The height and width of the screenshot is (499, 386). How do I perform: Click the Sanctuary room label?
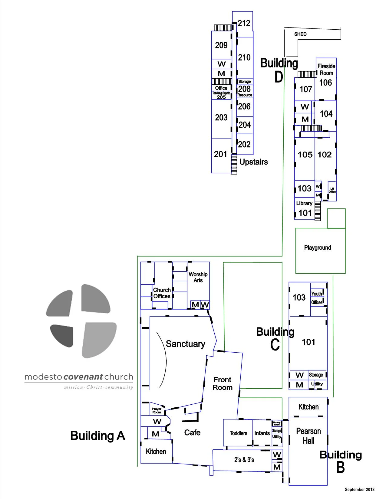point(185,344)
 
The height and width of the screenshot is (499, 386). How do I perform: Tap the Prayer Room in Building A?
point(157,410)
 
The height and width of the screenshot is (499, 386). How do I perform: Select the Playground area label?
point(317,248)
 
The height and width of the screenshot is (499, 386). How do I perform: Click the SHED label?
point(300,34)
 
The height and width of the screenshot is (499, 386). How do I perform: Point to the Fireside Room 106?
point(326,74)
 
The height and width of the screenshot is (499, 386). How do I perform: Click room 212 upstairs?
point(244,23)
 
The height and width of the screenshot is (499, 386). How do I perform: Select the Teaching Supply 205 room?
point(221,95)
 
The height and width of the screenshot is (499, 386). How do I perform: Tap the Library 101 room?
point(305,209)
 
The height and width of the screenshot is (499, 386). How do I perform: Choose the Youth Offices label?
point(317,298)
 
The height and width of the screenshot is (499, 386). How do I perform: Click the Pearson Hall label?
point(308,436)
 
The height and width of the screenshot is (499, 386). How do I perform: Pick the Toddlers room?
point(238,433)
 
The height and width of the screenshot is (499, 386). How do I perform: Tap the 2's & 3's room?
point(244,460)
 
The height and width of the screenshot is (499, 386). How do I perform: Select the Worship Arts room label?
point(198,277)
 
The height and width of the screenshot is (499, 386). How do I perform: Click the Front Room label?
point(223,383)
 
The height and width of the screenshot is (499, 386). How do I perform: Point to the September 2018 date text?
point(359,489)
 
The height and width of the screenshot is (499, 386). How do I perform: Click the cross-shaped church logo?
point(81,321)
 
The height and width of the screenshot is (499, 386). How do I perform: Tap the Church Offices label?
point(162,293)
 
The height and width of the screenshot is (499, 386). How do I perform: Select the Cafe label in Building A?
point(192,432)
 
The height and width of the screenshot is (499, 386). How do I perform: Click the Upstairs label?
point(253,162)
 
